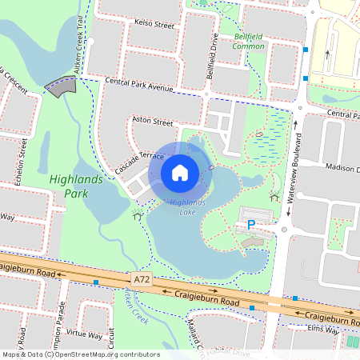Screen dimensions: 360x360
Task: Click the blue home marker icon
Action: click(x=180, y=172)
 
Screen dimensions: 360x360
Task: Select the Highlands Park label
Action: click(x=76, y=186)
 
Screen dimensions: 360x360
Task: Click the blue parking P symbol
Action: click(x=250, y=226)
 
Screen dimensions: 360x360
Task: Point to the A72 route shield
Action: click(x=142, y=279)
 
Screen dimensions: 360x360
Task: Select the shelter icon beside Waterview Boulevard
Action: click(x=274, y=197)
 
